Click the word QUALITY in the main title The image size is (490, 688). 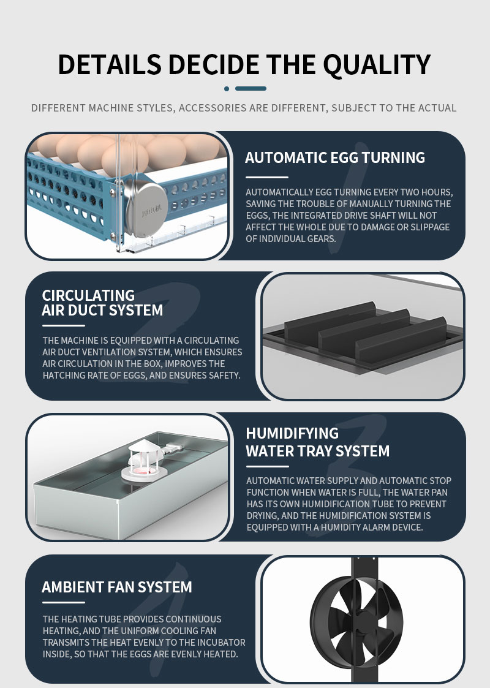[377, 66]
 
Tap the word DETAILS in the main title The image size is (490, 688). [110, 64]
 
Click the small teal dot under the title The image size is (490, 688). [227, 89]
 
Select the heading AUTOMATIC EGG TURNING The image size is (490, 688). [334, 157]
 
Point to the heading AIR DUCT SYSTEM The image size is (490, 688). [102, 310]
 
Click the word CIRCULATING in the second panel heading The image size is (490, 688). [88, 295]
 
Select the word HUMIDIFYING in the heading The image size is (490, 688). [292, 433]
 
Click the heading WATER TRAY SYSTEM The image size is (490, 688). [318, 451]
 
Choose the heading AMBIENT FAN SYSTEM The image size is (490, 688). [117, 587]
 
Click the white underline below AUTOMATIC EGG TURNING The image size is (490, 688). [266, 177]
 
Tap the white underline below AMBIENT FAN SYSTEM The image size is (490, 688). [63, 602]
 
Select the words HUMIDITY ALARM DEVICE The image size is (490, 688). [372, 527]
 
